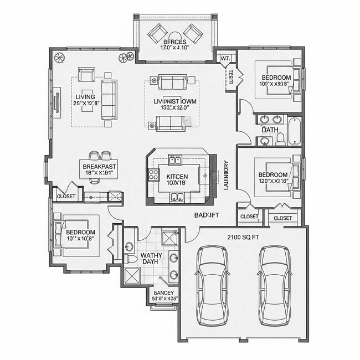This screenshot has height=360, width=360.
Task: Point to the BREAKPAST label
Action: pos(100,167)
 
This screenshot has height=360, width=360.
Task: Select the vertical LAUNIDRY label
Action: pos(226,176)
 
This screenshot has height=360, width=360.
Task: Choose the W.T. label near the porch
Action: pos(225,58)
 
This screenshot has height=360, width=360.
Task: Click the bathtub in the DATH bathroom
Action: pos(294,130)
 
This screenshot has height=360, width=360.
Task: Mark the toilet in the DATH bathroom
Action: pos(280,138)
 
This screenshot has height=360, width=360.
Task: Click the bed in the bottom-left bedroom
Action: pos(78,235)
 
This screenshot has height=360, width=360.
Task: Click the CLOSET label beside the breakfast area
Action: pos(65,196)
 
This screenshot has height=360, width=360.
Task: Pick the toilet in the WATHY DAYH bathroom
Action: pos(131,259)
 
